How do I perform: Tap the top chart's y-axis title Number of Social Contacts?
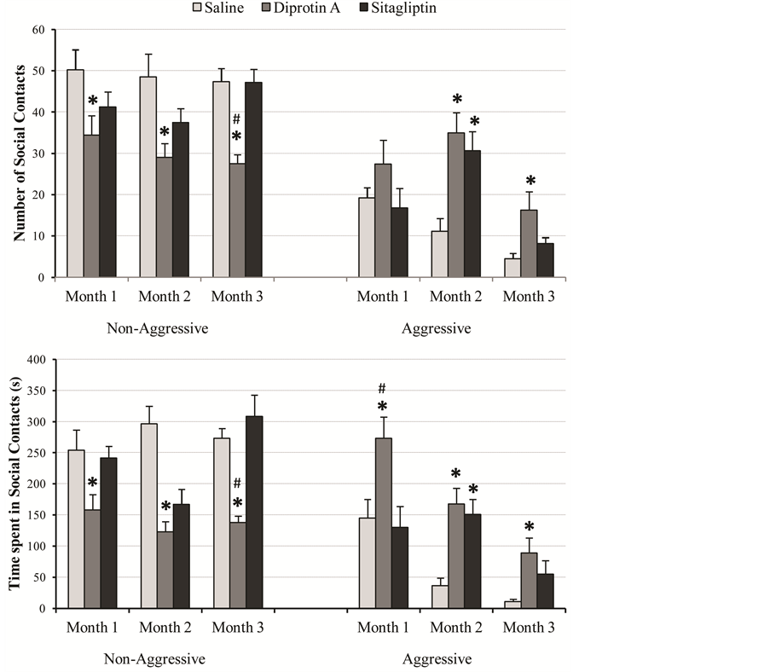point(19,154)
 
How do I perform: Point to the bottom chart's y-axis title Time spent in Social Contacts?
point(17,484)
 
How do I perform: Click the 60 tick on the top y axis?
point(38,30)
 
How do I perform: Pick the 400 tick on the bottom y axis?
point(35,360)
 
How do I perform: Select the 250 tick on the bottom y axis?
point(35,453)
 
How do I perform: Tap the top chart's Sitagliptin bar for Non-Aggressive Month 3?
point(253,179)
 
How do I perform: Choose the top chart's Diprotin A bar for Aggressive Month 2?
point(456,205)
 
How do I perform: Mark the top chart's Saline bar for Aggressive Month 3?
point(512,268)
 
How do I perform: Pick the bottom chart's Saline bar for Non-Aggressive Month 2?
point(148,516)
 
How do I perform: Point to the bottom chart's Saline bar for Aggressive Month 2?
point(440,597)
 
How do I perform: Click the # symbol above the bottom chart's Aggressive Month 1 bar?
point(383,388)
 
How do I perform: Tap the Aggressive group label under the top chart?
point(437,327)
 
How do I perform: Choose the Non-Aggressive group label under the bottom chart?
point(154,659)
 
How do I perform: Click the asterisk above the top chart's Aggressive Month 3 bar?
point(530,182)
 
